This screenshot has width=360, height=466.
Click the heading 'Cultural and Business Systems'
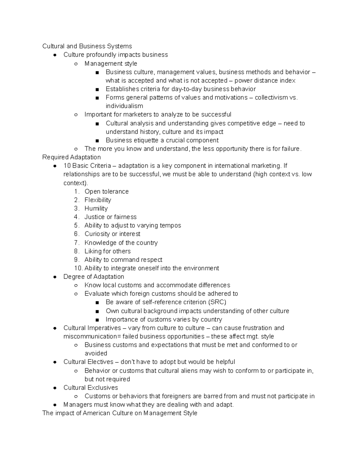87,46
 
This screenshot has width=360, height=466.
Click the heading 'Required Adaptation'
71,157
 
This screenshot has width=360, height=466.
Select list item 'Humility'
96,208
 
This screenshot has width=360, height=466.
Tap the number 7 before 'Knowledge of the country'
76,242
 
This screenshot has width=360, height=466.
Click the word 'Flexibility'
98,200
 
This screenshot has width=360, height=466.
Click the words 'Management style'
111,63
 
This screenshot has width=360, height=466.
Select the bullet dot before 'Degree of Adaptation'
55,277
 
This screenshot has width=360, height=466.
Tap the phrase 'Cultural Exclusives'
91,387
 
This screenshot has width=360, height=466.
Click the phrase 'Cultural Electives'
88,362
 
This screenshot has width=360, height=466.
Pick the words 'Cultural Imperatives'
92,328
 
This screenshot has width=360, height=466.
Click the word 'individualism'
124,106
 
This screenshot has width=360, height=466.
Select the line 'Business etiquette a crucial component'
162,140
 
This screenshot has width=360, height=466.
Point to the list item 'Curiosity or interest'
112,234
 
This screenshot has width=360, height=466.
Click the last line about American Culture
120,413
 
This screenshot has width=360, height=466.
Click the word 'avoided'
96,353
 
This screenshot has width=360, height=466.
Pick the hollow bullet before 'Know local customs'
76,285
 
